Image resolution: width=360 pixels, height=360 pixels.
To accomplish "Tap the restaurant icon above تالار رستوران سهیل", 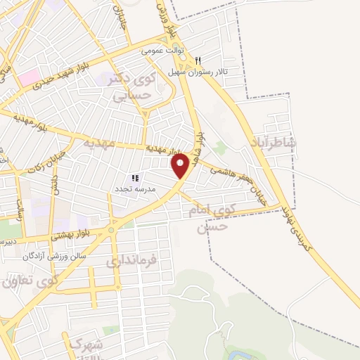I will pyautogui.click(x=198, y=60).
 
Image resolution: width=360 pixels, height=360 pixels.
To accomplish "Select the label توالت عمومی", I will pyautogui.click(x=161, y=51).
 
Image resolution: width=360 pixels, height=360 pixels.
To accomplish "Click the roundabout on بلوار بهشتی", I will pyautogui.click(x=110, y=229).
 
